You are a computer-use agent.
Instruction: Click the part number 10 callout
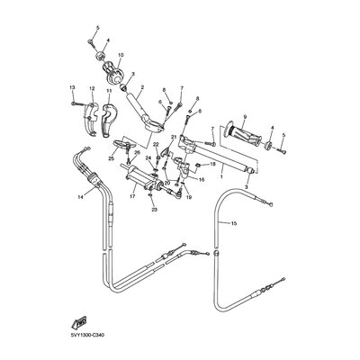click(120, 55)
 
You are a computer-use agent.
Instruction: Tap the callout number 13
click(71, 86)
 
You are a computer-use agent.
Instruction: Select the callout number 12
click(92, 89)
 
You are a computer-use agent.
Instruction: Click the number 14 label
click(80, 195)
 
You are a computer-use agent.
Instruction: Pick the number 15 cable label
click(234, 222)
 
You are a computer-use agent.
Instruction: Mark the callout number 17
click(132, 195)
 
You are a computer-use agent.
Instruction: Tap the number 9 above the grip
click(242, 119)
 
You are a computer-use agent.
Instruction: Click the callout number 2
click(142, 87)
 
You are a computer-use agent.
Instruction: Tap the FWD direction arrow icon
click(79, 321)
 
